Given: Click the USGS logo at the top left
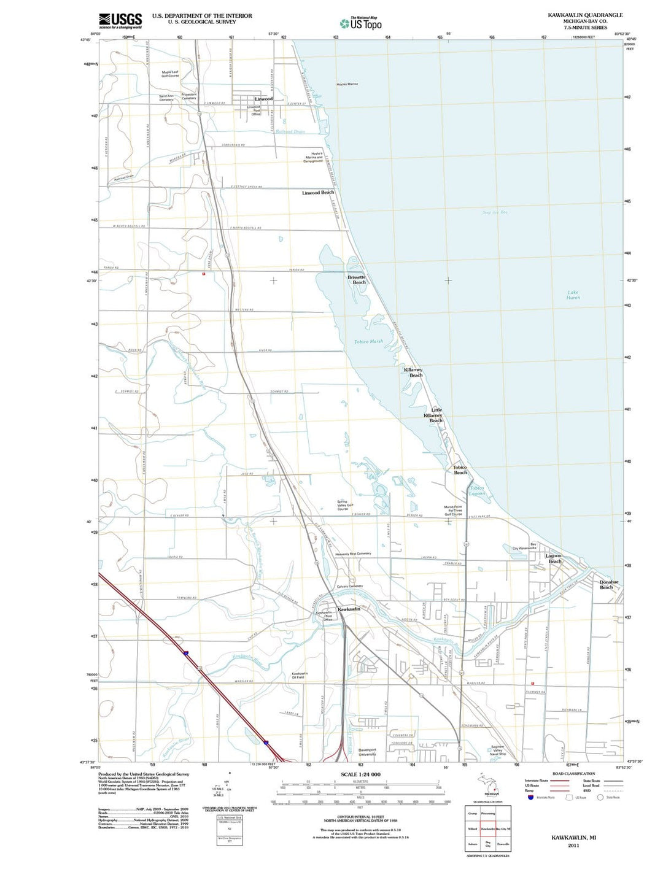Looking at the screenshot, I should [x=120, y=21].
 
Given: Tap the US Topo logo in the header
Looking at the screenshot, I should [x=361, y=23].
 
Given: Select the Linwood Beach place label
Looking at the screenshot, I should [x=318, y=193].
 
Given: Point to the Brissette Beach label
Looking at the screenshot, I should [x=357, y=279].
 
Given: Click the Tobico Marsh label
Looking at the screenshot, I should [x=368, y=341].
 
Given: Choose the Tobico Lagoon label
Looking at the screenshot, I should [x=477, y=490].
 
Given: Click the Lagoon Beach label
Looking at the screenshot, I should [x=554, y=558].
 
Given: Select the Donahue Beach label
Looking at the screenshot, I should [x=608, y=584].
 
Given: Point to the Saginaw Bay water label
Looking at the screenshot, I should [x=495, y=212].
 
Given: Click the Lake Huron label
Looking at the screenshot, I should [x=573, y=295].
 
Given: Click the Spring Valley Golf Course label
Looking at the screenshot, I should [x=343, y=505].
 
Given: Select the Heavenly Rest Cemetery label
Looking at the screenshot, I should [x=353, y=554].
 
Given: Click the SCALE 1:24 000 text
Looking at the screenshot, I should [x=360, y=774].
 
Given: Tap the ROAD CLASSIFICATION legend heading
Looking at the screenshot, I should [x=573, y=774].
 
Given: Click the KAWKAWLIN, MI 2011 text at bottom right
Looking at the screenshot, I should [x=573, y=841].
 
